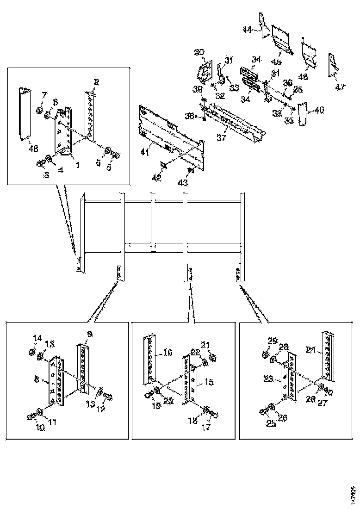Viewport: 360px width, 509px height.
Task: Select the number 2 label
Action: tap(96, 82)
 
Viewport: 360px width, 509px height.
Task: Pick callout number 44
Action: tap(248, 30)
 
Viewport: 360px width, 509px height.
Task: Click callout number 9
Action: tap(90, 333)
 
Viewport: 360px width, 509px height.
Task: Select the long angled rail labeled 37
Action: tap(236, 123)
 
